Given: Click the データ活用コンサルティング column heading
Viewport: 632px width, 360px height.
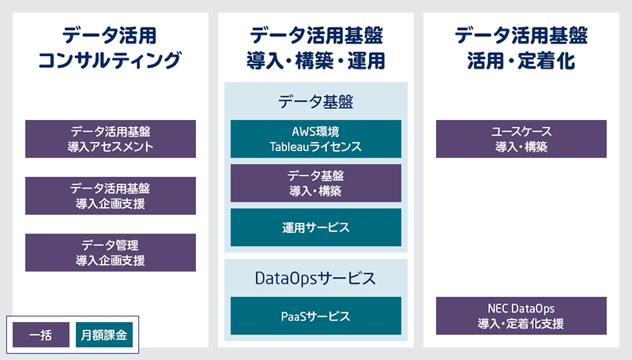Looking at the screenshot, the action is click(110, 48).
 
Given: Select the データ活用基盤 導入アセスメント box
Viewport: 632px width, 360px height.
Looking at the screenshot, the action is click(111, 139).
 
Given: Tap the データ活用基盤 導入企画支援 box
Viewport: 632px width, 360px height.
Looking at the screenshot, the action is click(111, 196).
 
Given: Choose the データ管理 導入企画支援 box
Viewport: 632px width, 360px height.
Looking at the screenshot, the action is click(111, 253).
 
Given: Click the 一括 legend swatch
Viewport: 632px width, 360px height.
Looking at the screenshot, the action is click(41, 335).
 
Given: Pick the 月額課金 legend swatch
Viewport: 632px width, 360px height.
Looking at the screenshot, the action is click(104, 335).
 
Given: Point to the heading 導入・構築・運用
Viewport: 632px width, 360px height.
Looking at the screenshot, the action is click(316, 61).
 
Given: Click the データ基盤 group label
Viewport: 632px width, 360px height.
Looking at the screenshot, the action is click(315, 102).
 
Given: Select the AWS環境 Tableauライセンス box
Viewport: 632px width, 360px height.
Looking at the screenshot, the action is click(316, 139).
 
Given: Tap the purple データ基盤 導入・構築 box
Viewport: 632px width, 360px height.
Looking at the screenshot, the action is click(316, 183).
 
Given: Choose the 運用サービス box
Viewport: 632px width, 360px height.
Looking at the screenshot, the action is click(316, 227).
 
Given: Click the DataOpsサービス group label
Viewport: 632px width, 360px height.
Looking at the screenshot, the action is click(315, 279).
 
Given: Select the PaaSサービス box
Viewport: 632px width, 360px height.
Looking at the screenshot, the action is click(316, 316).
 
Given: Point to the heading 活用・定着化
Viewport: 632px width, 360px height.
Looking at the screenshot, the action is click(521, 61).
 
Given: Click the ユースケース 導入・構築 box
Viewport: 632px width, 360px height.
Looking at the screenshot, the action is click(521, 139).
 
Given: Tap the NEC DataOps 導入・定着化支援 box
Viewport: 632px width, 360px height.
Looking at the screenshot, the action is click(521, 316).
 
